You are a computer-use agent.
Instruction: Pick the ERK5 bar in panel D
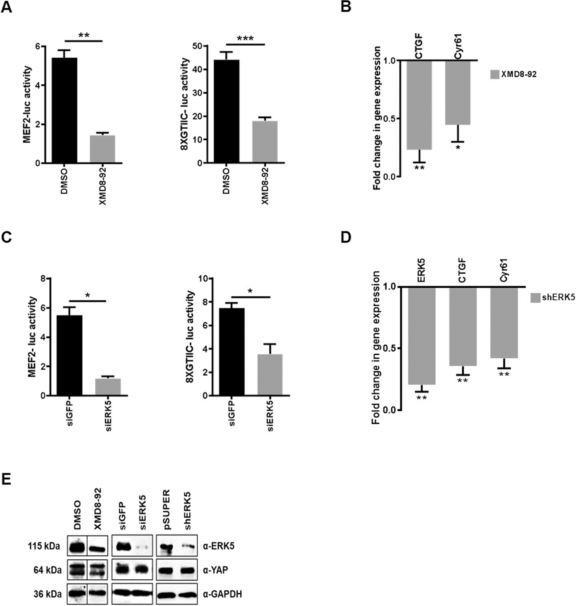pos(421,336)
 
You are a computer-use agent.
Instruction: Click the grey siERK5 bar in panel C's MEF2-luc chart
pos(108,386)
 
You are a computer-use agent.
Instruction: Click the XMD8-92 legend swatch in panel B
pos(494,74)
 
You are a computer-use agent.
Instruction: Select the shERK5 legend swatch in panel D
pos(535,298)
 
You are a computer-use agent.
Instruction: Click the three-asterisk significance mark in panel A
pos(245,39)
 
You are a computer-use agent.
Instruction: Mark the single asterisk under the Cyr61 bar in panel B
pos(458,148)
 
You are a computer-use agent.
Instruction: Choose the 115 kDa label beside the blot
pos(44,546)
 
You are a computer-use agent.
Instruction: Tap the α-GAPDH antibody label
pos(222,594)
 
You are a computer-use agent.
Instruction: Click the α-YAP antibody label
pos(217,570)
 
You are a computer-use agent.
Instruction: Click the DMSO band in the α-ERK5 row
pos(77,546)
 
